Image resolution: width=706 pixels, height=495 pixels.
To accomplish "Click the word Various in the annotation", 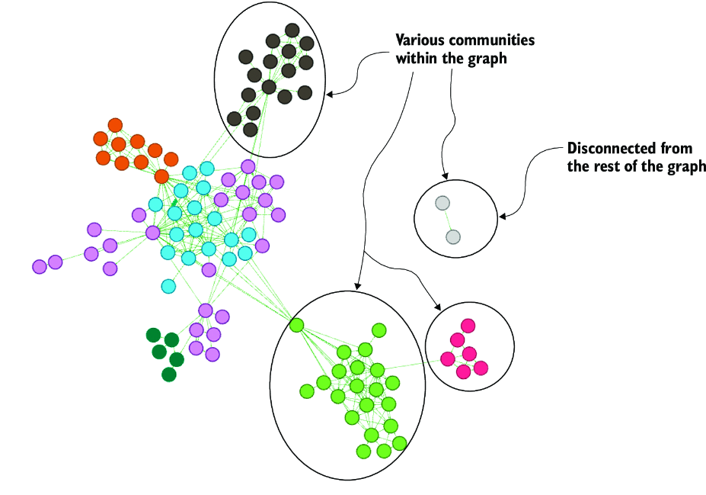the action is [420, 40].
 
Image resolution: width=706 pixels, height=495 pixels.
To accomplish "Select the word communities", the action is [492, 40].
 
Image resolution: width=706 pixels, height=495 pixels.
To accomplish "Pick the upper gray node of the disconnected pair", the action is [442, 204].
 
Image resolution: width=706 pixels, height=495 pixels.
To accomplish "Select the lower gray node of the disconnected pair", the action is [453, 237].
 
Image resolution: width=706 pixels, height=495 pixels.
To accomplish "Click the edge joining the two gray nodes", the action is [448, 220].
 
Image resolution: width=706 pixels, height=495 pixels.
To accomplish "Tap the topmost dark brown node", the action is [292, 31].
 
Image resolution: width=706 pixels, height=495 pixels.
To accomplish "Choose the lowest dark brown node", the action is [251, 130].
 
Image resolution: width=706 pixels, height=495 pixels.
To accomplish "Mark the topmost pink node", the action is [468, 326].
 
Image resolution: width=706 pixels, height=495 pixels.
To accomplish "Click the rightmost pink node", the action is [481, 368].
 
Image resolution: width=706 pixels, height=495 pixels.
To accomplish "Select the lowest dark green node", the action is [169, 374].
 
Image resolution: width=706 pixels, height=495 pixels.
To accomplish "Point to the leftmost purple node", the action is [40, 266].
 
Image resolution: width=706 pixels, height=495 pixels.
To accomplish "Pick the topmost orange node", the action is [115, 125].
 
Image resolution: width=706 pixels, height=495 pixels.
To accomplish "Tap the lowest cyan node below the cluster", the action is [168, 286].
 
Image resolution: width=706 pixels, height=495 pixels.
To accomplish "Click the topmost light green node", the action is [379, 330].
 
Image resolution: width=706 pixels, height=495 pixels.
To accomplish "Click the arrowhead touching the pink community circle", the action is [438, 307].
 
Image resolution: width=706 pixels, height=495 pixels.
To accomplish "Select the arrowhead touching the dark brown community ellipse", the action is [329, 95].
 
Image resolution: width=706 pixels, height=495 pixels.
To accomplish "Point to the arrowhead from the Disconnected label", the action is [503, 217].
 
